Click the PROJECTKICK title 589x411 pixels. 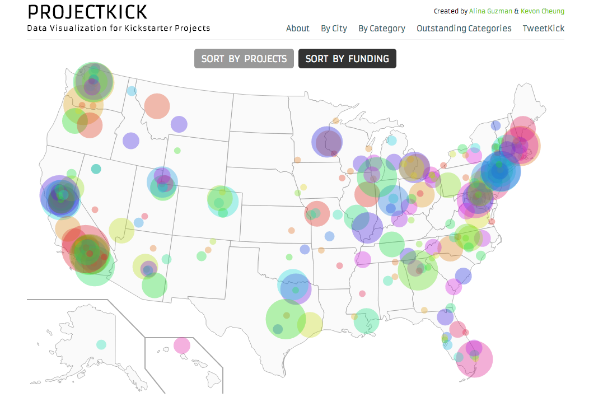tap(87, 12)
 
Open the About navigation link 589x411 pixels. tap(297, 29)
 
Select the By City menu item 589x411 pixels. tap(334, 29)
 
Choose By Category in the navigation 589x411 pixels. tap(381, 29)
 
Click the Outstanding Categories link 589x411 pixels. tap(464, 29)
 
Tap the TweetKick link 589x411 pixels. tap(543, 29)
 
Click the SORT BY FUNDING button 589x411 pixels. tap(347, 59)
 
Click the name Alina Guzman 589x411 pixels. tap(490, 11)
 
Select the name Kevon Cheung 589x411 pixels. tap(543, 11)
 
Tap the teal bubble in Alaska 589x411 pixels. tap(101, 344)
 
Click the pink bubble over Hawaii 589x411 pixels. tap(182, 345)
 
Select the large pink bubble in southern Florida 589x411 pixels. tap(475, 359)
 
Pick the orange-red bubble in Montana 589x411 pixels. tap(157, 106)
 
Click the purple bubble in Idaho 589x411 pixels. tap(131, 141)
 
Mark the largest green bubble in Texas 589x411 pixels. tap(286, 319)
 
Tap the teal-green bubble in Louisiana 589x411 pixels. tap(366, 321)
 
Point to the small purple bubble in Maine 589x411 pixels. tap(495, 125)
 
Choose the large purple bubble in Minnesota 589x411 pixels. tap(327, 142)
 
